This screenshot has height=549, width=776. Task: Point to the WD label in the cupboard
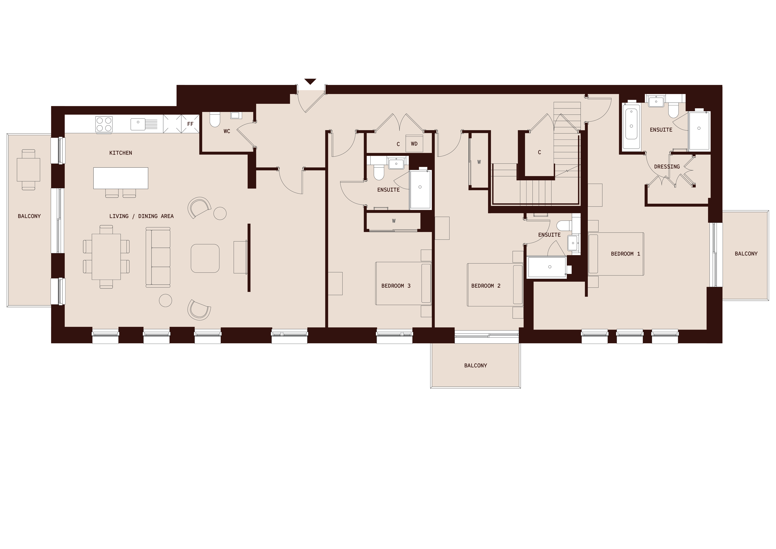(x=414, y=144)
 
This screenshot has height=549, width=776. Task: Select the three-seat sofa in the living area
(x=158, y=257)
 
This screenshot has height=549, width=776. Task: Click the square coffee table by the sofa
(x=205, y=258)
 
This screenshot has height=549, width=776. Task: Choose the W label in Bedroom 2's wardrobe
(x=479, y=162)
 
